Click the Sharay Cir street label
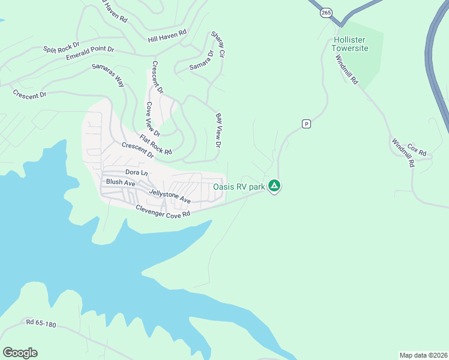(x=217, y=45)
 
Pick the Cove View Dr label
(x=153, y=119)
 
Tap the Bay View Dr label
(x=218, y=130)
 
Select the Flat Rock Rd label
(x=156, y=145)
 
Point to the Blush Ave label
(x=121, y=182)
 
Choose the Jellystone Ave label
(x=169, y=196)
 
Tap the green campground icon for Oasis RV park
(x=274, y=187)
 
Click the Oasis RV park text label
(x=239, y=187)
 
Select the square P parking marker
(x=306, y=124)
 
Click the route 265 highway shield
(x=326, y=12)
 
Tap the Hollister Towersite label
(x=350, y=44)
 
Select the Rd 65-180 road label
(x=41, y=324)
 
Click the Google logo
(x=20, y=353)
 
